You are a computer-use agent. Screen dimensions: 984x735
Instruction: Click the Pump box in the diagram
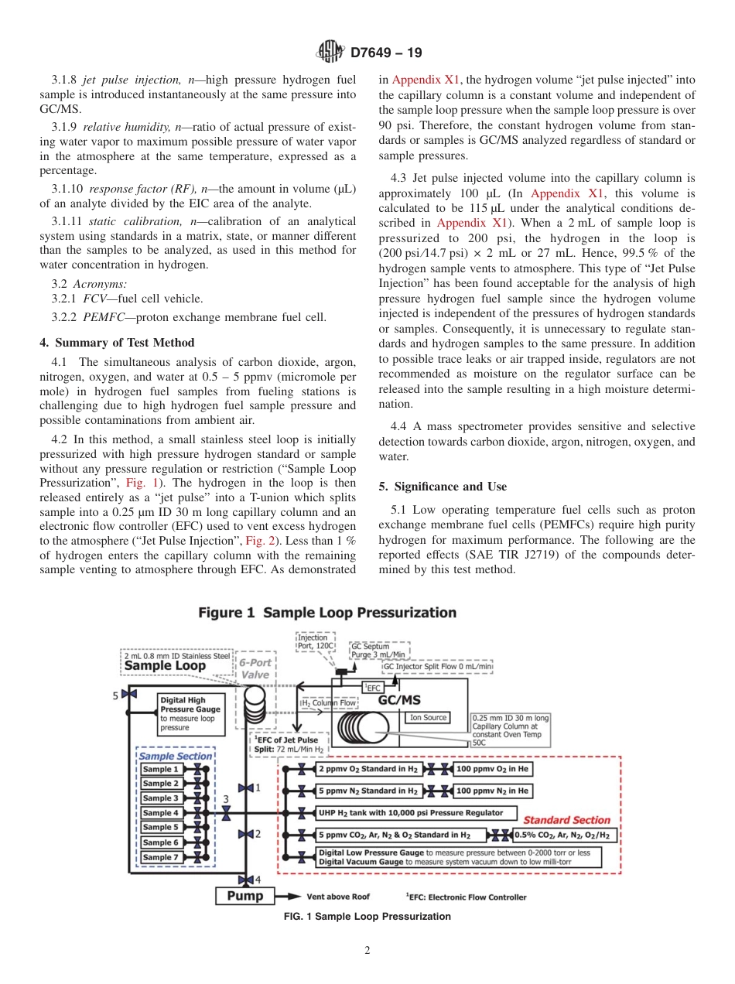pyautogui.click(x=244, y=897)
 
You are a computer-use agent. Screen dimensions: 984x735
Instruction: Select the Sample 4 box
pyautogui.click(x=161, y=813)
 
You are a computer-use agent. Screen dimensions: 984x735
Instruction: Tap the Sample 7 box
pyautogui.click(x=161, y=857)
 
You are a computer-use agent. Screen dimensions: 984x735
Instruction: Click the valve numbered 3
pyautogui.click(x=226, y=813)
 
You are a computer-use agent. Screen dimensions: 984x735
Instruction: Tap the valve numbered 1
pyautogui.click(x=246, y=788)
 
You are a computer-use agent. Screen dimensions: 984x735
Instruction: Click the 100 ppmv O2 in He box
pyautogui.click(x=493, y=769)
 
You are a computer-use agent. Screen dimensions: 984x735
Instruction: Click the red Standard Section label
pyautogui.click(x=566, y=820)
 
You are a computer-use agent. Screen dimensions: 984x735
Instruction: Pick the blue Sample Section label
pyautogui.click(x=176, y=756)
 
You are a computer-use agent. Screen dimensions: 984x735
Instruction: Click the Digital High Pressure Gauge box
pyautogui.click(x=190, y=713)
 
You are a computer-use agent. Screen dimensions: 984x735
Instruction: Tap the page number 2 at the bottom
pyautogui.click(x=367, y=951)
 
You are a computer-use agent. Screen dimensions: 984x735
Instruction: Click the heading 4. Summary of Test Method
pyautogui.click(x=117, y=343)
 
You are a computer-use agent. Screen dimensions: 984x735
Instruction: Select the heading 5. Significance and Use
pyautogui.click(x=443, y=487)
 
